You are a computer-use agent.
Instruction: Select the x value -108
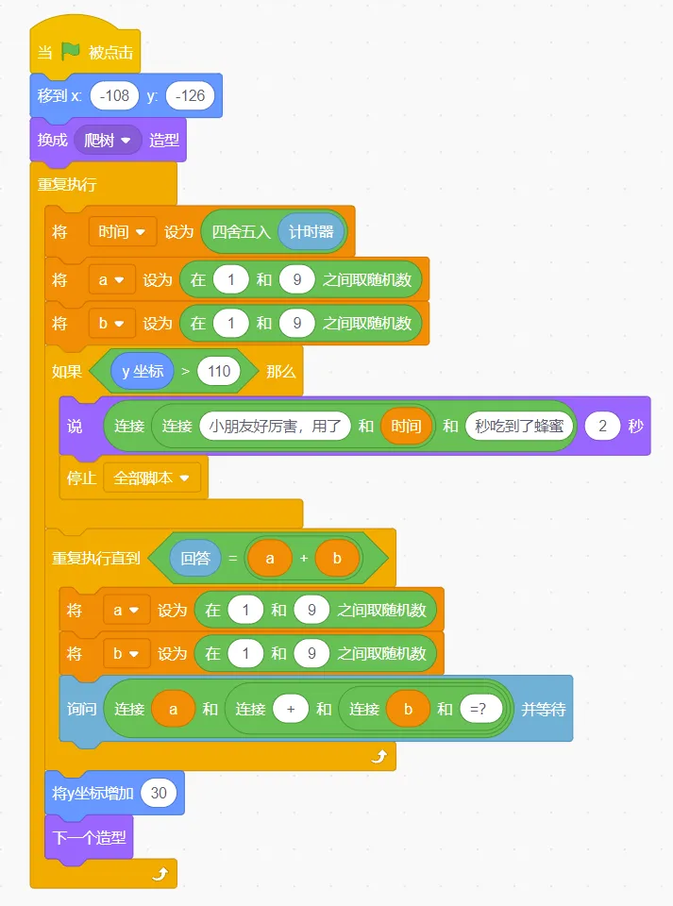[x=115, y=95]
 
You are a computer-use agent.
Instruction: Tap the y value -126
[x=190, y=95]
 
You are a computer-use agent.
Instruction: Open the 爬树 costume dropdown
[x=108, y=140]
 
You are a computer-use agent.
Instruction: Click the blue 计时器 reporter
[x=311, y=231]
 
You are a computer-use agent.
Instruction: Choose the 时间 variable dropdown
[x=122, y=231]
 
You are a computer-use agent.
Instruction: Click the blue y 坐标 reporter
[x=143, y=371]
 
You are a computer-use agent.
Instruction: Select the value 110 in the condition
[x=219, y=371]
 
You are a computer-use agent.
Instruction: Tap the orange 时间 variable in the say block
[x=407, y=426]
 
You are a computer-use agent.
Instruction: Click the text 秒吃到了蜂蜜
[x=519, y=426]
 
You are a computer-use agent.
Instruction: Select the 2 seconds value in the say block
[x=602, y=426]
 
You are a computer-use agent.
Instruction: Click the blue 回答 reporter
[x=195, y=558]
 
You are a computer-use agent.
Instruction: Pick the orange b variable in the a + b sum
[x=338, y=558]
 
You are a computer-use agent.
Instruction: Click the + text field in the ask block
[x=291, y=709]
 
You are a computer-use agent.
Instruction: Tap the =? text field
[x=480, y=709]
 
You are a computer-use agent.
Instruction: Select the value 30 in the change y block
[x=159, y=793]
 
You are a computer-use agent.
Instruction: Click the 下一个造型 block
[x=89, y=836]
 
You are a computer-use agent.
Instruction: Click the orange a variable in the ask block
[x=173, y=709]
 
